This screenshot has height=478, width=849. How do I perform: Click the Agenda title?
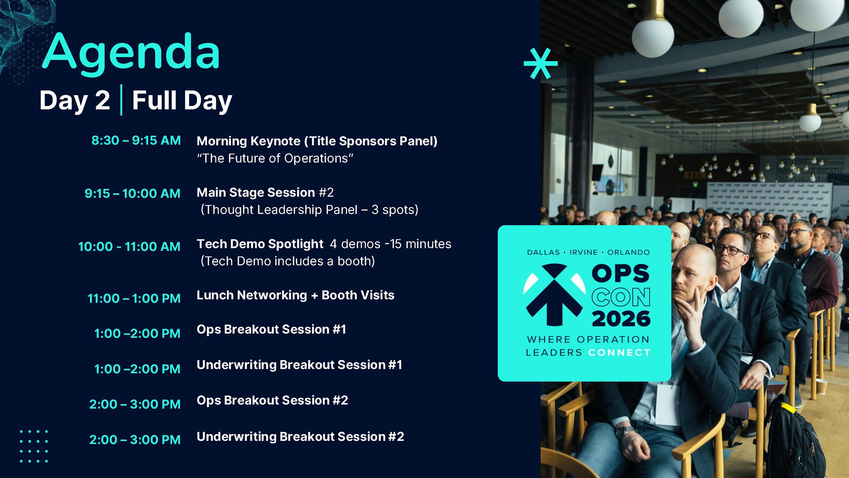(x=131, y=53)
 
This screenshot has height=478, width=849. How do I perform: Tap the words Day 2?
(x=75, y=101)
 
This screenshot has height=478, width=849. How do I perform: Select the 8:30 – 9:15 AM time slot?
(x=136, y=140)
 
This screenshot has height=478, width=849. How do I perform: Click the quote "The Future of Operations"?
(x=275, y=158)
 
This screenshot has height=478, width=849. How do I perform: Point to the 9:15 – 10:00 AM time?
(x=132, y=193)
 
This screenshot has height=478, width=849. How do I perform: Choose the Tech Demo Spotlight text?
(x=260, y=244)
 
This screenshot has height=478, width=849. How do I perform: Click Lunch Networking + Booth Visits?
(x=295, y=295)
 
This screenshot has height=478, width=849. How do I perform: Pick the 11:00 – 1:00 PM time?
(x=134, y=298)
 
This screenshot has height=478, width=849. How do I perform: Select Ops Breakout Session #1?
(x=271, y=329)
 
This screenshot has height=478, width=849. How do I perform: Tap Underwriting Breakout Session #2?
(x=300, y=437)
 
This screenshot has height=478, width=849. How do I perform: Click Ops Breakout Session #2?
(x=272, y=400)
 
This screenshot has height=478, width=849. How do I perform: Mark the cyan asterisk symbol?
(x=541, y=64)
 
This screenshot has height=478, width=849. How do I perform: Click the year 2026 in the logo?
(x=621, y=319)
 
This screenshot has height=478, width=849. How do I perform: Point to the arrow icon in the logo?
(x=555, y=294)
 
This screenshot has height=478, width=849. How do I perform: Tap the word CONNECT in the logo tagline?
(x=619, y=353)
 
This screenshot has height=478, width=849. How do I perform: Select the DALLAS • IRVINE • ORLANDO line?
(x=588, y=252)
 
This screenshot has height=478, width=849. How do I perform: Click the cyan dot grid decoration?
(x=34, y=446)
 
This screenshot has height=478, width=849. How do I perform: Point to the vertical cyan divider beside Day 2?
(x=121, y=100)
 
